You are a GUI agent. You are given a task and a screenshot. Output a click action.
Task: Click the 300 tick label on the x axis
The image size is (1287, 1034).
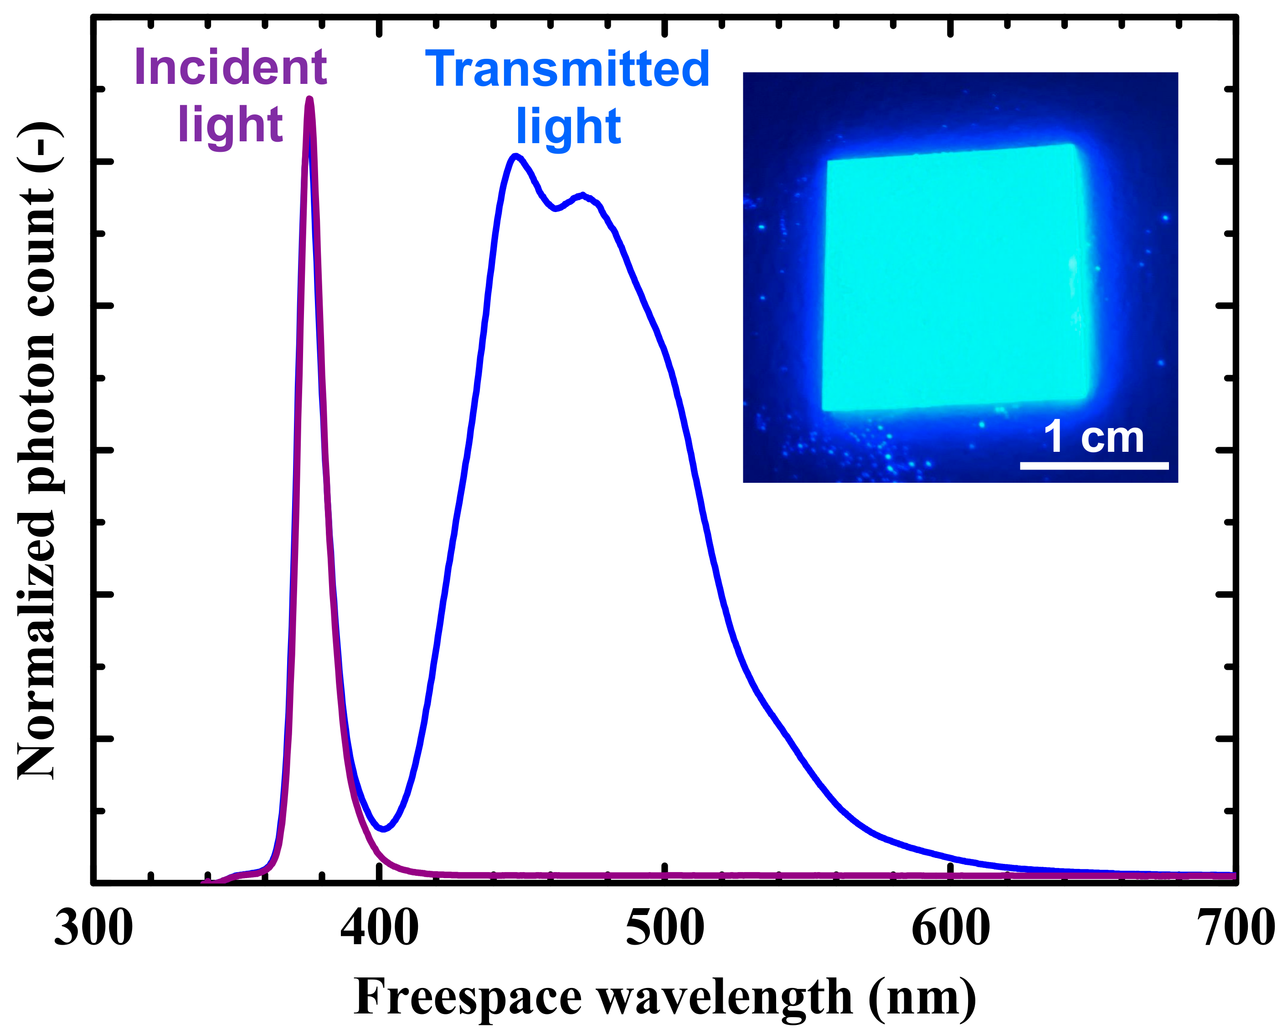click(x=94, y=930)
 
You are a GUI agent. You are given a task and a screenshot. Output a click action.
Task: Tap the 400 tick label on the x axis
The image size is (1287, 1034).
click(x=380, y=930)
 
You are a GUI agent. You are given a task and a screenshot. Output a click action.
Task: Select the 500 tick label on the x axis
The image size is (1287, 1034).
click(x=665, y=930)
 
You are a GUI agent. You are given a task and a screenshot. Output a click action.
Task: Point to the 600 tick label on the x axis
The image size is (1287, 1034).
click(x=950, y=930)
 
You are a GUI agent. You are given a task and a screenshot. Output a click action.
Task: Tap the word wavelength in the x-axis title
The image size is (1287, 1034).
click(x=725, y=998)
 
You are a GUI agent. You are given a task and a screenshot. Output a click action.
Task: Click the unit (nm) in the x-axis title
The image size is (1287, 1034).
click(x=922, y=998)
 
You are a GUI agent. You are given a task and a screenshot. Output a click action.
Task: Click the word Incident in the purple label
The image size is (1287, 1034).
click(x=231, y=67)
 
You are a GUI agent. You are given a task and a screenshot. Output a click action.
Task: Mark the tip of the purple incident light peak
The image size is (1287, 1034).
click(x=309, y=98)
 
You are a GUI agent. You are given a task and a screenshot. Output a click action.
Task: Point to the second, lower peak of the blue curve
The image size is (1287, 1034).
click(x=582, y=195)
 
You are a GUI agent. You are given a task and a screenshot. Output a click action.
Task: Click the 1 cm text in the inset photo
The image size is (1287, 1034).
click(x=1094, y=438)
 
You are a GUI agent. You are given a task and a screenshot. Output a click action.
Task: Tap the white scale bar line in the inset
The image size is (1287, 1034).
click(x=1094, y=465)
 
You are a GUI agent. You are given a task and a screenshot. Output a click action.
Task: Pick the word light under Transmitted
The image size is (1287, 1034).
click(x=568, y=127)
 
